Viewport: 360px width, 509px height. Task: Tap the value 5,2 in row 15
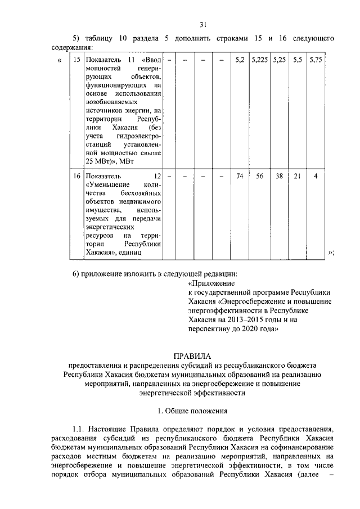point(240,59)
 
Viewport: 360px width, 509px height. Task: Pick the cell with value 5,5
point(298,59)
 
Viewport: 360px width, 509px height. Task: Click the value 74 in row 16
point(240,175)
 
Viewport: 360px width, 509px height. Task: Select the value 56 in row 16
point(260,175)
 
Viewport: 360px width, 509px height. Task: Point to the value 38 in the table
point(279,175)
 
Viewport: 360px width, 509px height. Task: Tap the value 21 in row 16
point(298,175)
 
